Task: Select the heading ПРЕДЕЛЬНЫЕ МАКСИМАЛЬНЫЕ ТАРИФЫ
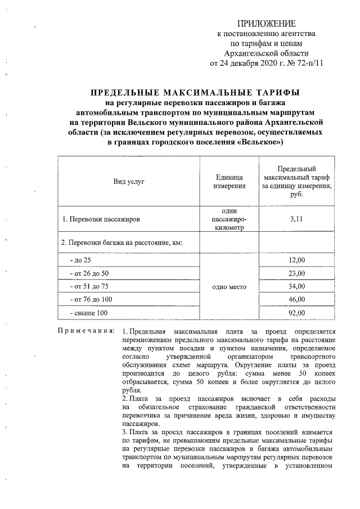click(x=196, y=93)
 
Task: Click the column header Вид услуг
click(x=129, y=182)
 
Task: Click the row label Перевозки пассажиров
click(x=101, y=219)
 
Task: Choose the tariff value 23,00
click(x=296, y=274)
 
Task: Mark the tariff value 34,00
click(x=296, y=287)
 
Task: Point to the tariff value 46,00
click(x=296, y=300)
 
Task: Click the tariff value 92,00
click(x=296, y=313)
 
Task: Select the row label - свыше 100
click(x=87, y=313)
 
